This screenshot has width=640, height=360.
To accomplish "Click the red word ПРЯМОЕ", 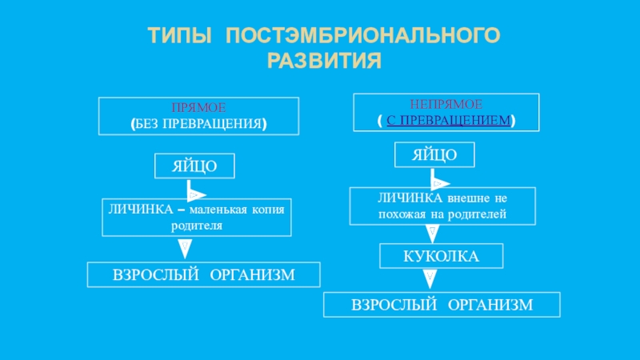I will coord(198,107).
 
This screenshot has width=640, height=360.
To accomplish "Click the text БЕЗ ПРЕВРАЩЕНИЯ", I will coord(198,124).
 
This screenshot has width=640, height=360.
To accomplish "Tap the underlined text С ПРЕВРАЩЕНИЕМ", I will coord(446,120).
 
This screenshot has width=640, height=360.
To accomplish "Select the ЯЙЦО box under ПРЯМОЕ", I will coord(195,166).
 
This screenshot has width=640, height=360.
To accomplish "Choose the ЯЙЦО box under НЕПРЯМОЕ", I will coord(435,154).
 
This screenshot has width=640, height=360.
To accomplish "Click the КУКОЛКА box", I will coord(441,256).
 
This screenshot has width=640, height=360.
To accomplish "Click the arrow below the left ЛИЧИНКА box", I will coord(185,248).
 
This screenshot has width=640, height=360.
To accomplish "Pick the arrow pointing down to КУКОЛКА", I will coord(433,233).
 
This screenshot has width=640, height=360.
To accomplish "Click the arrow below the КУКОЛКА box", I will coord(430,278).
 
